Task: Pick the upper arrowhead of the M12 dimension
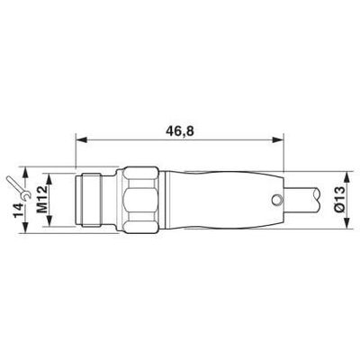(x=53, y=174)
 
